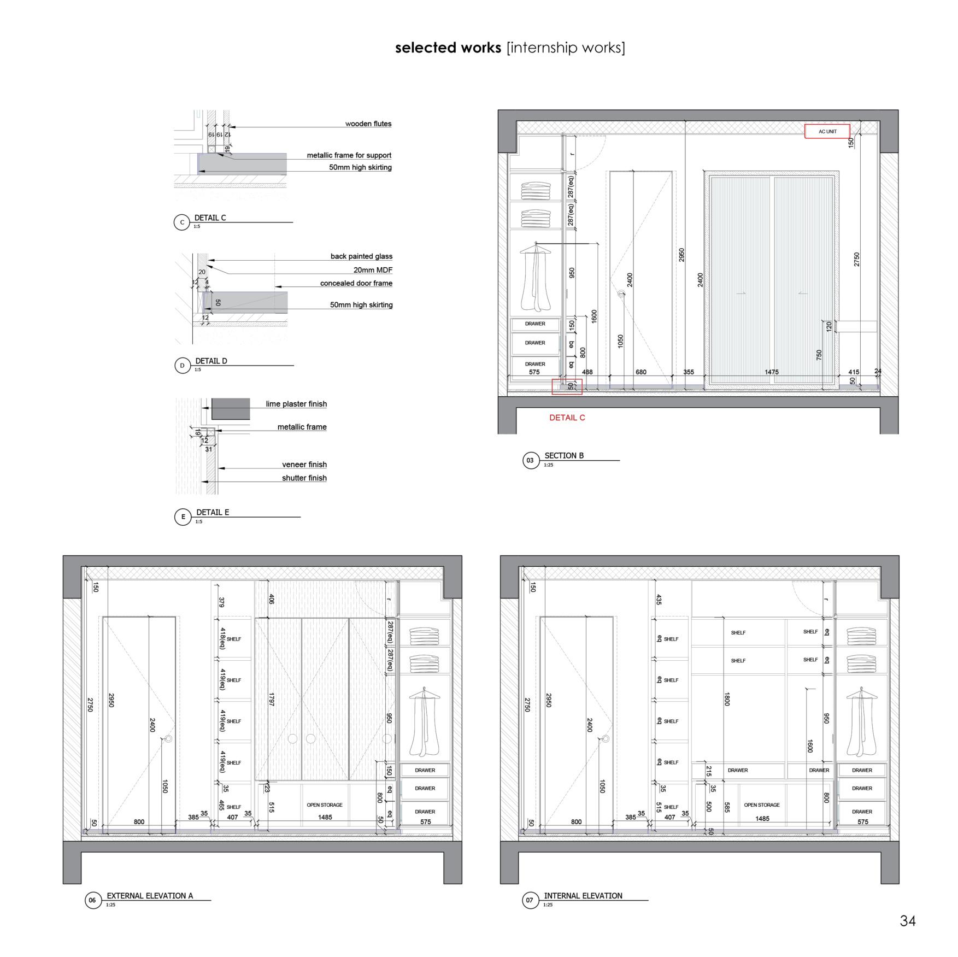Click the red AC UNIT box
(x=827, y=131)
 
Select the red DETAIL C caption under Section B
(x=567, y=418)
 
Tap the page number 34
(x=908, y=921)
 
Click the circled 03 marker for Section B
(x=530, y=460)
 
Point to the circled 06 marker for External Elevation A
(x=92, y=900)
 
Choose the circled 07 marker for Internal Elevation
(x=530, y=900)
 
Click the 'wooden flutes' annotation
(x=368, y=124)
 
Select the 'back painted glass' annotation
(x=361, y=256)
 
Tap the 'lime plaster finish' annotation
(x=296, y=404)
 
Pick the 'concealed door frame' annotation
(x=356, y=283)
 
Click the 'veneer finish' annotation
(x=304, y=465)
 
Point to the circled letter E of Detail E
(x=183, y=516)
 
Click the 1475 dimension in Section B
(x=771, y=372)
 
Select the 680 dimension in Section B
(x=640, y=372)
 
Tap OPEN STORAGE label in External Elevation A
(x=325, y=805)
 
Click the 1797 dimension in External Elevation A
(x=271, y=700)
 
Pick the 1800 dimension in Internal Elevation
(x=727, y=699)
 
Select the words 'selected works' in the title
(x=448, y=48)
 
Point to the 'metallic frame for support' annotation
(x=349, y=156)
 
